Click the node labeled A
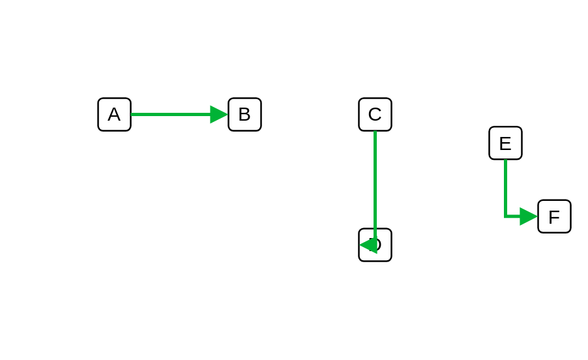click(114, 114)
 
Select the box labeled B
click(244, 114)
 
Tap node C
click(375, 114)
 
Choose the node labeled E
click(505, 143)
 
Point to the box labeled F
click(554, 217)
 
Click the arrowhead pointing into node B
click(219, 114)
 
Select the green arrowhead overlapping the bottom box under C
click(368, 245)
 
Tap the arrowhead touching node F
click(529, 217)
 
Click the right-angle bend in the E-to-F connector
click(505, 217)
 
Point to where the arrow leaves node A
click(132, 114)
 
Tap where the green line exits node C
click(375, 132)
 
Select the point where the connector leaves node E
click(505, 160)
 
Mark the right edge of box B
click(261, 114)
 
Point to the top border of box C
click(375, 98)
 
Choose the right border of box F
click(570, 217)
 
